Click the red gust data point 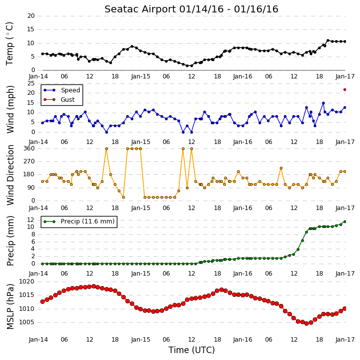[345, 89]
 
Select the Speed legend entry [62, 90]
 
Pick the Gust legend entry [59, 100]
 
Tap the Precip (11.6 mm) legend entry [79, 221]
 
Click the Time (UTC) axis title [191, 350]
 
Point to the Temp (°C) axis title [9, 44]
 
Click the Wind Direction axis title [10, 175]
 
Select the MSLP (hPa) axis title [10, 306]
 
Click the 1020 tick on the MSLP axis [27, 282]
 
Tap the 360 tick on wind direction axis [29, 148]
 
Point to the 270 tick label [29, 161]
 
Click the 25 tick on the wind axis [31, 83]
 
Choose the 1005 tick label [27, 322]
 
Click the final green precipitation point [345, 221]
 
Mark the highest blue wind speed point [323, 103]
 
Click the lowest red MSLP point [306, 323]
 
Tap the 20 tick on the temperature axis [31, 16]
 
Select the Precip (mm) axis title [10, 241]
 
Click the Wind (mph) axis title [10, 109]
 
